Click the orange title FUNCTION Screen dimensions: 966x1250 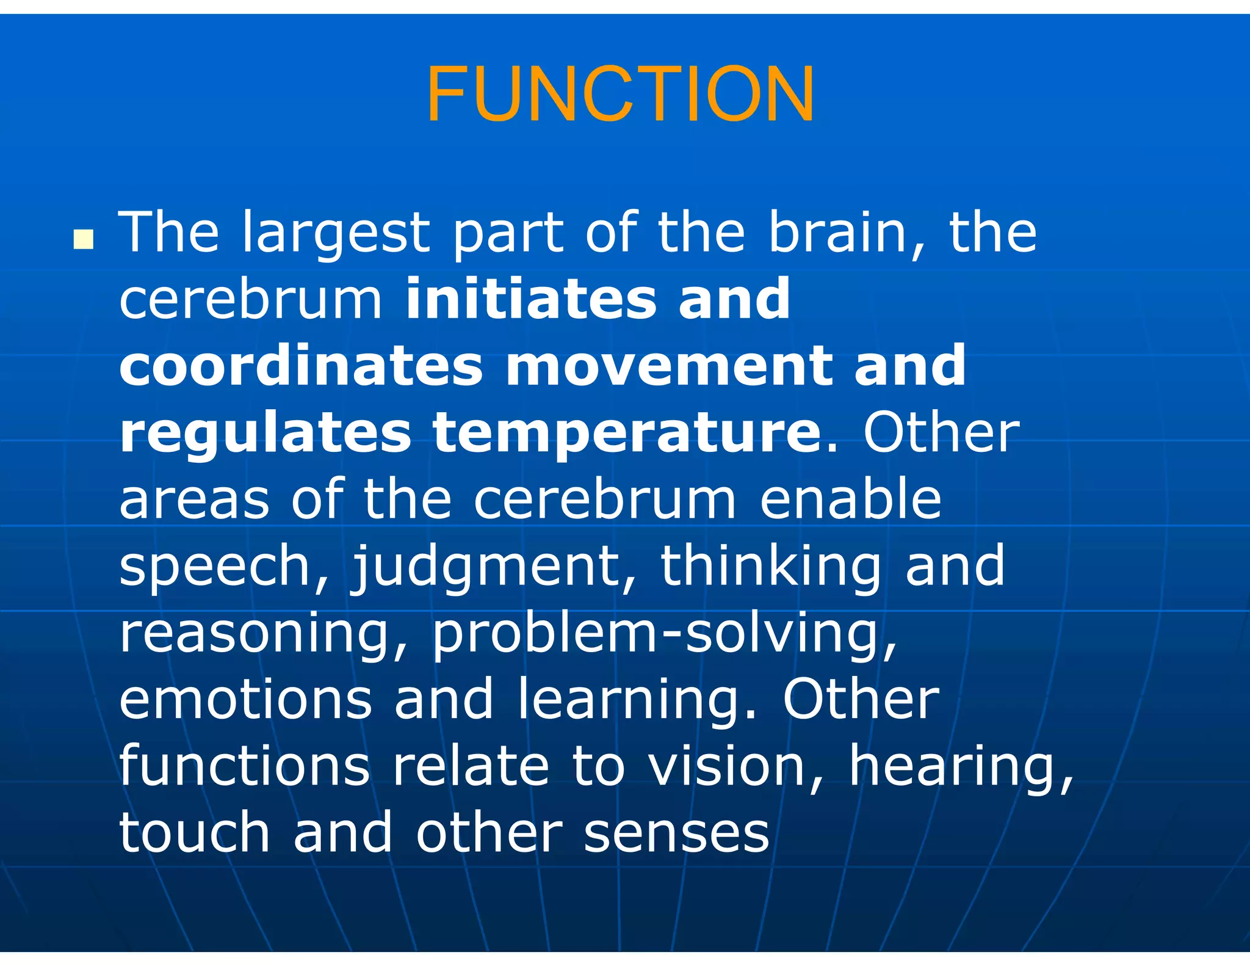pyautogui.click(x=620, y=95)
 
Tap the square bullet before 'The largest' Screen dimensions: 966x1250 pyautogui.click(x=83, y=239)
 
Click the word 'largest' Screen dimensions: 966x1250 pyautogui.click(x=336, y=234)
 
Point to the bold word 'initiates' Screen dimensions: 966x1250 pyautogui.click(x=531, y=299)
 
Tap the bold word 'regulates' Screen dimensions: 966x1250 pyautogui.click(x=265, y=433)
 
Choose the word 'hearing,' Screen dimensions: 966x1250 pyautogui.click(x=961, y=768)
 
